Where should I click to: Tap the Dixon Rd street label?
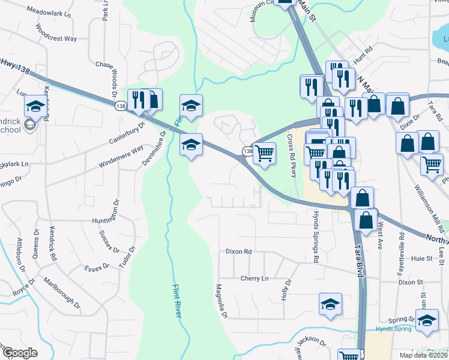point(238,252)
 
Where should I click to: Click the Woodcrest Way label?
point(56,33)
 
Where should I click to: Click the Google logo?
point(20,352)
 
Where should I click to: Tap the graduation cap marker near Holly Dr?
point(330,304)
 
